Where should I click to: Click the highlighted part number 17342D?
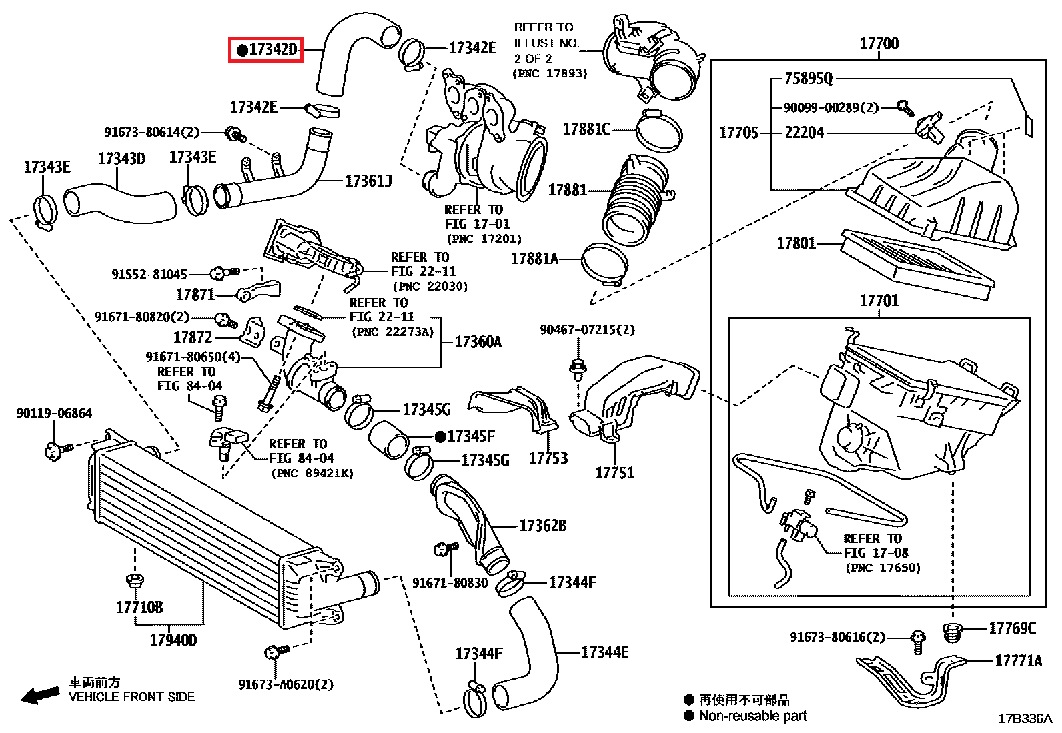click(266, 49)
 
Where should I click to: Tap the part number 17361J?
click(368, 181)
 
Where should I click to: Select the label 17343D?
click(121, 159)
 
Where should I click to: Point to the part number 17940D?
click(173, 640)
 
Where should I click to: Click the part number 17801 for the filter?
click(796, 243)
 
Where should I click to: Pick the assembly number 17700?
click(879, 44)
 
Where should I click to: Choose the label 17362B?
click(542, 526)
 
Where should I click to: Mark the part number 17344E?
click(604, 652)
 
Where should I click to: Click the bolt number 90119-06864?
click(54, 414)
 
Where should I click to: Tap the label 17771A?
click(1018, 661)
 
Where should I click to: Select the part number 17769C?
click(1012, 628)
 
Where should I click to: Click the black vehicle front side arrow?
click(39, 696)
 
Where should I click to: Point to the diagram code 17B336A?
click(1025, 719)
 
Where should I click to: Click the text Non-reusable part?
click(752, 716)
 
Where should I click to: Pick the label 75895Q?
click(809, 79)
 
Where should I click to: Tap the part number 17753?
click(548, 458)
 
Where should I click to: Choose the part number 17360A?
click(478, 342)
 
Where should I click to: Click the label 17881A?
click(534, 259)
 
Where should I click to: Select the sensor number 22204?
click(804, 133)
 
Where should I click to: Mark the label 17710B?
click(139, 607)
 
